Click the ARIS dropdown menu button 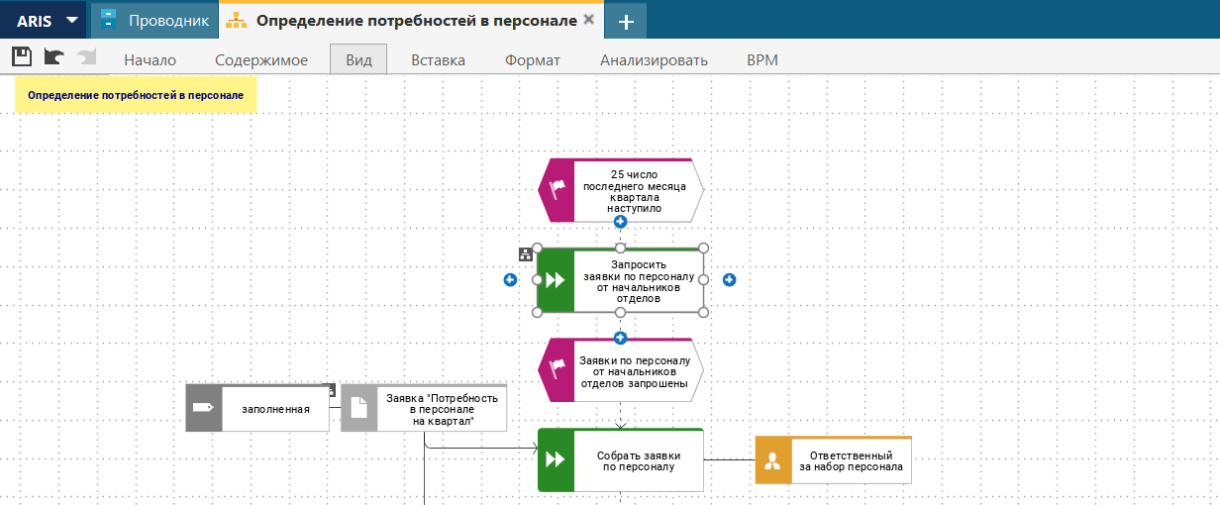tap(43, 20)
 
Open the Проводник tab tap(155, 20)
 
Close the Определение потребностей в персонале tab tap(589, 20)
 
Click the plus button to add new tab tap(626, 21)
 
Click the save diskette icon tap(22, 56)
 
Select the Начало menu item tap(150, 60)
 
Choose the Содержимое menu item tap(261, 60)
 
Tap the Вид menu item tap(358, 59)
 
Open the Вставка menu tap(438, 60)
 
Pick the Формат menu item tap(532, 60)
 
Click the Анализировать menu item tap(654, 60)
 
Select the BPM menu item tap(762, 60)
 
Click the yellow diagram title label tap(136, 95)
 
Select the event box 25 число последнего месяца tap(620, 190)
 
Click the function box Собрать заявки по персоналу tap(620, 459)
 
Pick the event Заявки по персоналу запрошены tap(620, 370)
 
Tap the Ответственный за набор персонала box tap(834, 459)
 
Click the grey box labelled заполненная tap(257, 408)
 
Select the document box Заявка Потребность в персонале tap(424, 408)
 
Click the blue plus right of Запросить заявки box tap(729, 279)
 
